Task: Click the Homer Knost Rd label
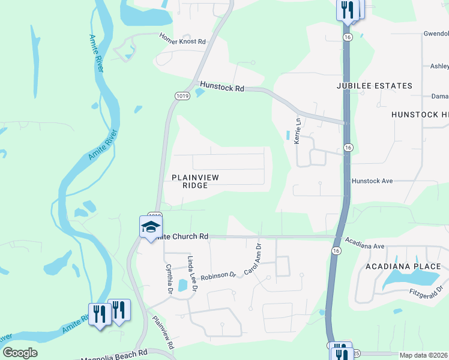click(182, 42)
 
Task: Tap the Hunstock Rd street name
click(222, 88)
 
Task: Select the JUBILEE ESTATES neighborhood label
click(374, 86)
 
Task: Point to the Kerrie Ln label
click(297, 130)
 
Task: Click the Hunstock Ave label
click(372, 180)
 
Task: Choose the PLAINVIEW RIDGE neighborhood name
click(195, 181)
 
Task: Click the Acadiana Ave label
click(372, 246)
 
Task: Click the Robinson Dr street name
click(218, 275)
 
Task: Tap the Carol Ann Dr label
click(253, 259)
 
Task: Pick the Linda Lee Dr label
click(192, 273)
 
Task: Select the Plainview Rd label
click(163, 332)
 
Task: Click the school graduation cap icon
click(151, 227)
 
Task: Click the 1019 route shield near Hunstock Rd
click(182, 96)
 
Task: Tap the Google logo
click(20, 353)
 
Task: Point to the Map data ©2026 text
click(423, 355)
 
